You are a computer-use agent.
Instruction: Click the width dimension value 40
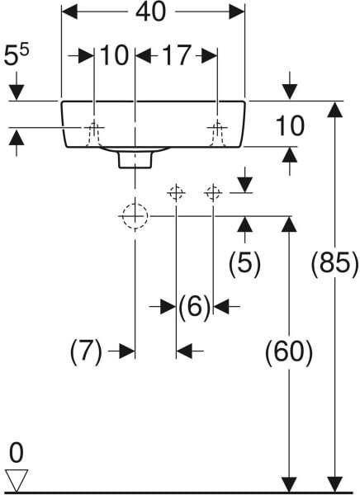[150, 12]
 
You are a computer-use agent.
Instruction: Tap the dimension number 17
[177, 55]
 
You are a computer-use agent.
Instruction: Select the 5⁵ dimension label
[17, 54]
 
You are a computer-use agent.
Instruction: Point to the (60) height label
[288, 352]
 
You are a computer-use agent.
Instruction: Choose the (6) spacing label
[194, 306]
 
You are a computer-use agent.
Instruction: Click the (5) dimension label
[244, 262]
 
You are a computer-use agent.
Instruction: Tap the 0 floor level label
[17, 452]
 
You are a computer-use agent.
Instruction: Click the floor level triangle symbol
[17, 480]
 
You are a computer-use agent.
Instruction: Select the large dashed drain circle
[135, 216]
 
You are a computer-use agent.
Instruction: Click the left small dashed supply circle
[176, 192]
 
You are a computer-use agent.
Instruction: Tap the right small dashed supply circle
[213, 192]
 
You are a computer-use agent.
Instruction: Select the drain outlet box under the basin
[135, 160]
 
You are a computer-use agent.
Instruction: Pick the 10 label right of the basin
[290, 126]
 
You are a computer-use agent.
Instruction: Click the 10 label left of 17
[115, 55]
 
